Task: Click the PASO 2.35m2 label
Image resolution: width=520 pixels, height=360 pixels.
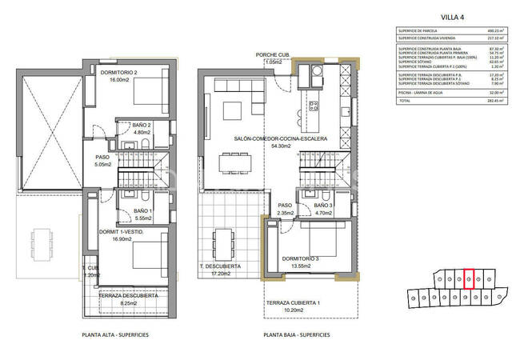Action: point(284,209)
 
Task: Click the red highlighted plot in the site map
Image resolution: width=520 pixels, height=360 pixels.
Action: point(470,278)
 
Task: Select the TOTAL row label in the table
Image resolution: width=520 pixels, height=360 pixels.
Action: point(406,102)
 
